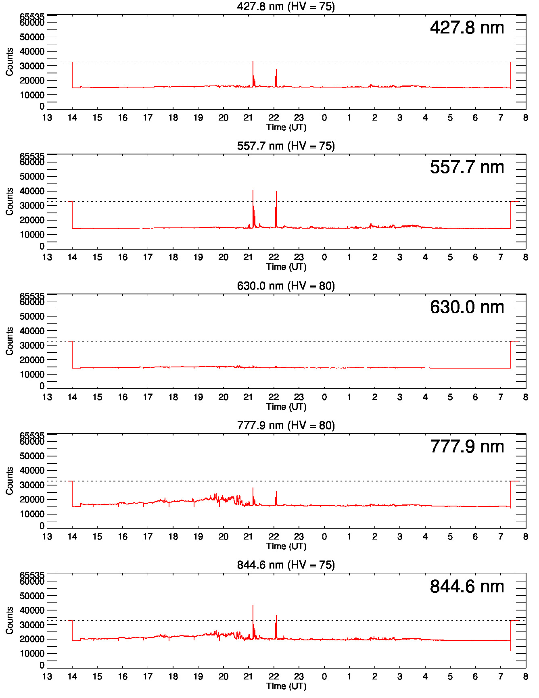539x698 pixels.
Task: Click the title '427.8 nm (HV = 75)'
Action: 286,6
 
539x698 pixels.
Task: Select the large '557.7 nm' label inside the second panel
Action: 467,167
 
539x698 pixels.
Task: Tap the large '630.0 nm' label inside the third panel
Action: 467,307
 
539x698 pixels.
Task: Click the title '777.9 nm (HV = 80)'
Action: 286,425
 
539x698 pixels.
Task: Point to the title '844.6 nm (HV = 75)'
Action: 286,565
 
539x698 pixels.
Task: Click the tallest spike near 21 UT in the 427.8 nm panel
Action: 253,63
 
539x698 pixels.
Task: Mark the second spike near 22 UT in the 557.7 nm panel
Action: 276,192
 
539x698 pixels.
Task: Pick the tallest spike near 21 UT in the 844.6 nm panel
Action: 253,606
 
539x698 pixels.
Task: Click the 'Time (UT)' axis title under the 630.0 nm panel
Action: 286,406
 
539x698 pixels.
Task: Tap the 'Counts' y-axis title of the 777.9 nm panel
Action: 9,481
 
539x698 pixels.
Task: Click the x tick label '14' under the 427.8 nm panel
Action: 72,118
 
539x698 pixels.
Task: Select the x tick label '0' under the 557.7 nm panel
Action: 324,257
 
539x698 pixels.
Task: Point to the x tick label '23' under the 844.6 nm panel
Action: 299,676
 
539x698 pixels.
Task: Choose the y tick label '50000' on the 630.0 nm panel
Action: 32,317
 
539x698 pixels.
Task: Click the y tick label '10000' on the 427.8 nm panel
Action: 32,95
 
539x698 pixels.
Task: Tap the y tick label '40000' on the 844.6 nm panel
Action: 32,610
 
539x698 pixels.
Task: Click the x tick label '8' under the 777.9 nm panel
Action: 525,537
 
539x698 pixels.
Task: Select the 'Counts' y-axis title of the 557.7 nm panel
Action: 9,201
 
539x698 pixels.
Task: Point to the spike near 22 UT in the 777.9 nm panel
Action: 276,492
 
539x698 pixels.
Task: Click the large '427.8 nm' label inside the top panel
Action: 467,28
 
